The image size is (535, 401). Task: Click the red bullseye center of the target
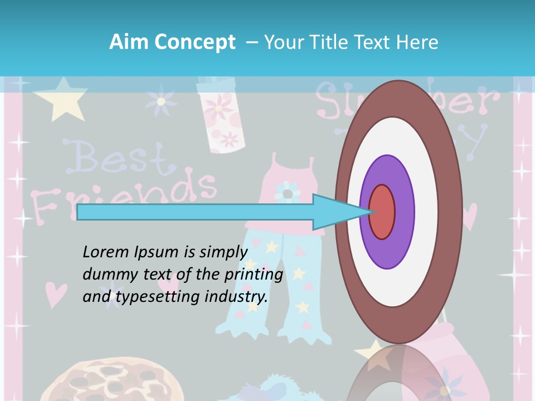pos(382,212)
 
